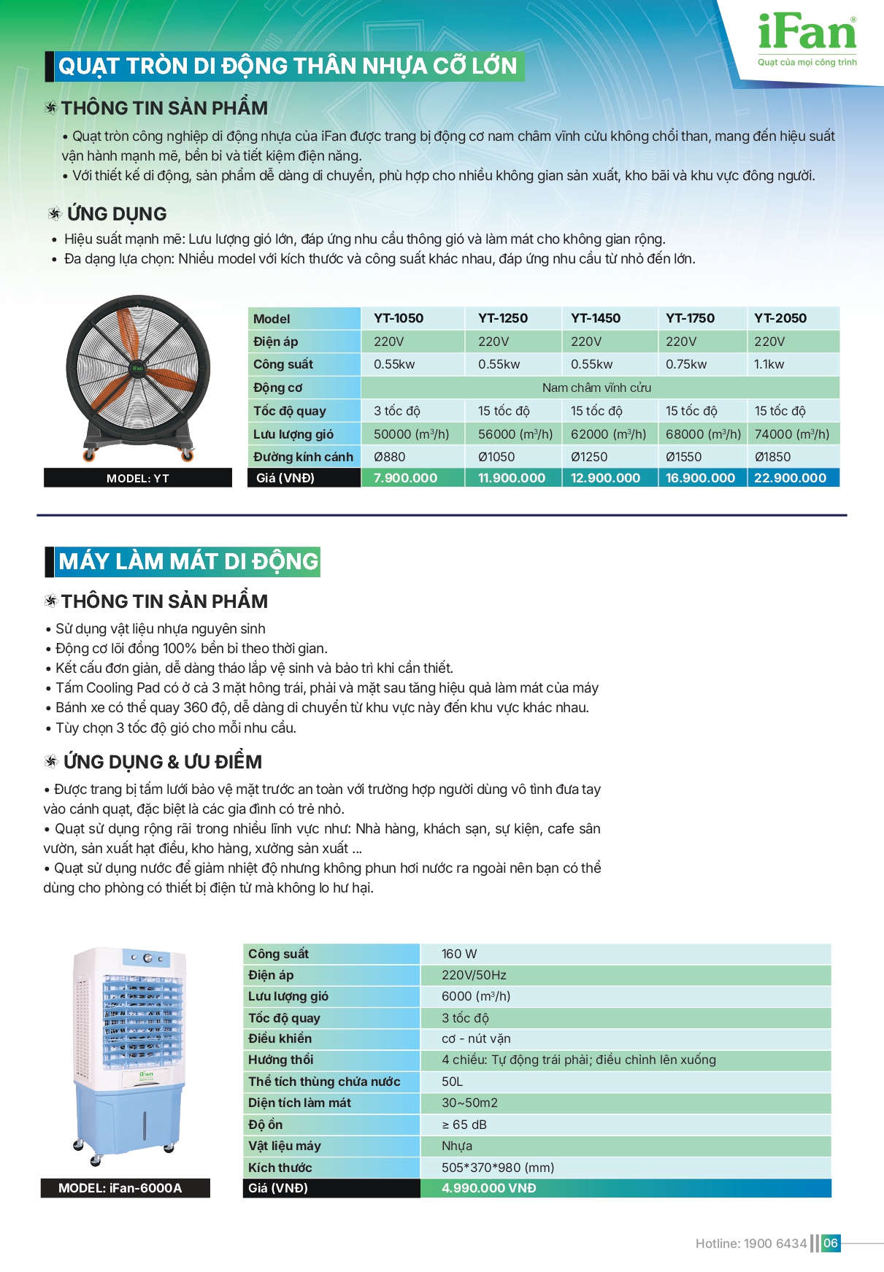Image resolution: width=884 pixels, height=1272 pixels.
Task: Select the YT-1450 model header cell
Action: coord(596,318)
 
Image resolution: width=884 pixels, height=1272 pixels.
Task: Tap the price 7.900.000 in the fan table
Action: coord(405,478)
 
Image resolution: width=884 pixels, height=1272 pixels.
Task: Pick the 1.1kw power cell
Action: coord(769,364)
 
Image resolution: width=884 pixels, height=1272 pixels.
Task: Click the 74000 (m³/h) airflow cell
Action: coord(791,434)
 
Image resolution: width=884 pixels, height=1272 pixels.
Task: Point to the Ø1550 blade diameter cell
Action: coord(683,457)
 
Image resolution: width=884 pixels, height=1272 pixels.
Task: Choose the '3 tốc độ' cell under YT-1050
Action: coord(396,411)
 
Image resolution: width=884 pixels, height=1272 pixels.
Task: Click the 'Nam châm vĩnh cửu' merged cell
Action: coord(596,388)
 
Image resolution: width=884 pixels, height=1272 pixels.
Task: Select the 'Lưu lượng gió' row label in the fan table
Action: coord(293,434)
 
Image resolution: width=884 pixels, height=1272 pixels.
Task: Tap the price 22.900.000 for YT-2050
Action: coord(790,478)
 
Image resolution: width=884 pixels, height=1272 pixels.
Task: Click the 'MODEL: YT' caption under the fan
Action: coord(138,478)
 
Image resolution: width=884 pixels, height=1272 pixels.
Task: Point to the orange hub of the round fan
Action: coord(137,369)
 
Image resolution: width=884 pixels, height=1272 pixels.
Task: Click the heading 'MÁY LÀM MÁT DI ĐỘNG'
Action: coord(188,561)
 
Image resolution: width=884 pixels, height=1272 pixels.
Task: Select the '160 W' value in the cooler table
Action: coord(459,954)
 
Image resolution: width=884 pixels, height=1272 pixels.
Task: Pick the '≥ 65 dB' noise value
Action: coord(464,1125)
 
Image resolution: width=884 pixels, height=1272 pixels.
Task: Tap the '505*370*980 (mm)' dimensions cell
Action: coord(498,1168)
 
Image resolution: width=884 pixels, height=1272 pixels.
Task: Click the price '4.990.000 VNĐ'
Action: coord(488,1188)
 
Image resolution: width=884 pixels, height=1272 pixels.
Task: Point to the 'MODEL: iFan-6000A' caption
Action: coord(120,1188)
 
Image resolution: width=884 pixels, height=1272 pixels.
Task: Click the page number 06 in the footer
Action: coord(831,1243)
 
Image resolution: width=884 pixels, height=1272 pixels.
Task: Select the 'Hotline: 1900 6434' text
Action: coord(750,1244)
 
